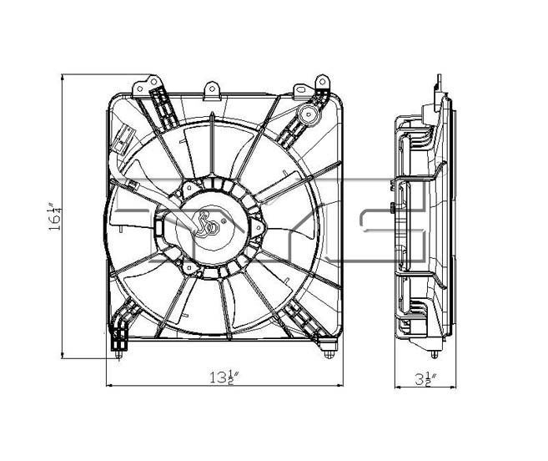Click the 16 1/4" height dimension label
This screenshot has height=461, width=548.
pos(55,216)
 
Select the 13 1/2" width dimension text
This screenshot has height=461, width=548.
pos(224,377)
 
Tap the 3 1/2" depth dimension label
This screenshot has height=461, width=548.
pos(425,379)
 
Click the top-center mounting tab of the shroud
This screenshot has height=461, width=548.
pos(212,91)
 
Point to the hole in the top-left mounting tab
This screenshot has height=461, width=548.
pos(153,82)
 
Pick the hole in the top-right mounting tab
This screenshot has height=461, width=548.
pos(322,82)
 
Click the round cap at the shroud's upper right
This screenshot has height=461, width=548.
pos(309,114)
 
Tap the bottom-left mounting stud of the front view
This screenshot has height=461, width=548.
pos(118,354)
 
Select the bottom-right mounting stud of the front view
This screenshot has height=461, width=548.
pos(329,354)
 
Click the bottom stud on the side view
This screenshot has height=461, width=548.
pos(435,354)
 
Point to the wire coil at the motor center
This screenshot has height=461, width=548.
pos(207,225)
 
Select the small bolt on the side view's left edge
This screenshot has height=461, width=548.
pos(393,208)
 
